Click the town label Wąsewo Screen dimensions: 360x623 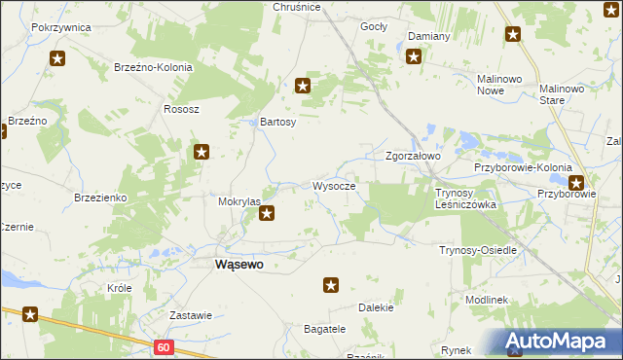238,263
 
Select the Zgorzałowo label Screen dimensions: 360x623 414,156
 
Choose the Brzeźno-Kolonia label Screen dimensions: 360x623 154,68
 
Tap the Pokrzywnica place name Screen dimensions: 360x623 60,27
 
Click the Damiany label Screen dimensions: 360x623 428,36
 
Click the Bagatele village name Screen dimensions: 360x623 325,329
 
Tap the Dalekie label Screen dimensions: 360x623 376,307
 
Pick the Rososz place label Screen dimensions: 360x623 181,109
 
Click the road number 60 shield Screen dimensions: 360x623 163,346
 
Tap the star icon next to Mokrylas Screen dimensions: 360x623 267,213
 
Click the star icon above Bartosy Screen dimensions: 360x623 303,86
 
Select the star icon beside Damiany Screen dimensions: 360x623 414,56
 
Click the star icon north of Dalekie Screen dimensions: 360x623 331,285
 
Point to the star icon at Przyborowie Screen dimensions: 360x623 576,181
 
